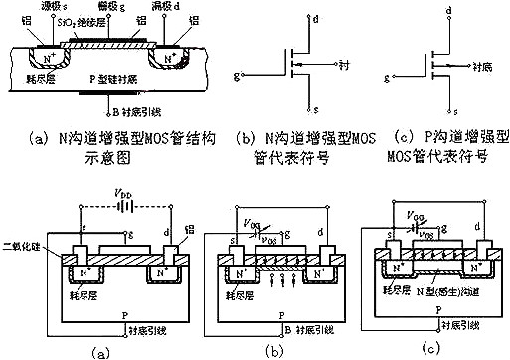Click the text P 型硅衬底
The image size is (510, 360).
point(116,78)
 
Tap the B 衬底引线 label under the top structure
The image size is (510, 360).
point(125,110)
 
